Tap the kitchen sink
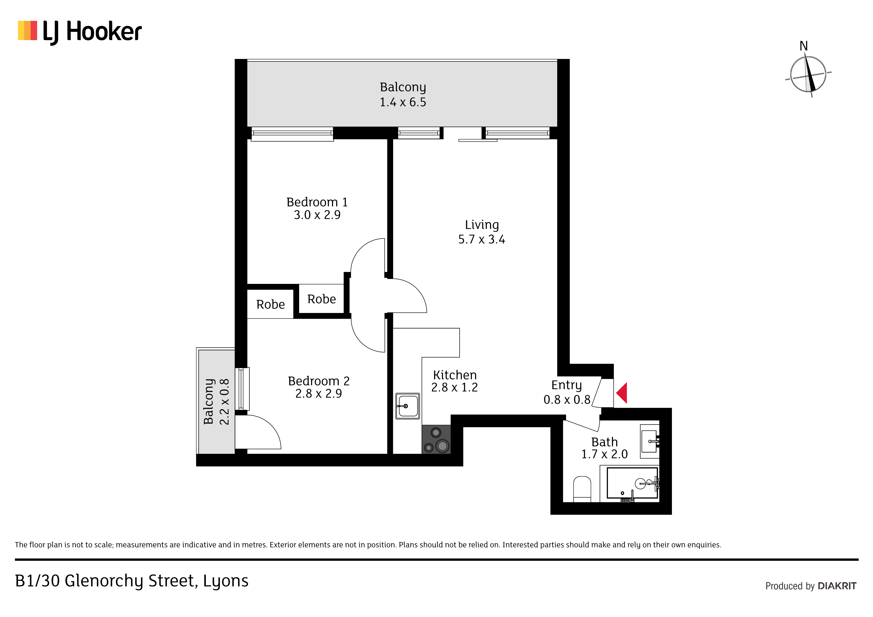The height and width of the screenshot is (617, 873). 408,406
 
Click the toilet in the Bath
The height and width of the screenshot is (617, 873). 582,489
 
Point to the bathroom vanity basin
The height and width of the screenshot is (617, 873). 650,441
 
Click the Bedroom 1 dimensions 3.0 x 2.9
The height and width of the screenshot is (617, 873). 317,215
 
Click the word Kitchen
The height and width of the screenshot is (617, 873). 455,375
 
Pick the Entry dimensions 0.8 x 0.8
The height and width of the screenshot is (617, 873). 567,400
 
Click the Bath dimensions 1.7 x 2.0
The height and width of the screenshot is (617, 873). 604,454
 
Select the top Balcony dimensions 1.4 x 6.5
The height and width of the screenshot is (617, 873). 403,102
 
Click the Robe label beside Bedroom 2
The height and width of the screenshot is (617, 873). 270,305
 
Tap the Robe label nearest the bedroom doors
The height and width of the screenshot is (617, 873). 322,299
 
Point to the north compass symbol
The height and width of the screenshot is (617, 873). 808,74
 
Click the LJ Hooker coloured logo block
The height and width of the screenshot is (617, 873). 27,30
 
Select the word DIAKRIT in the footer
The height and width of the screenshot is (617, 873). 837,586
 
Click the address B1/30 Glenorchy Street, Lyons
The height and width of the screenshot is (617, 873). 132,581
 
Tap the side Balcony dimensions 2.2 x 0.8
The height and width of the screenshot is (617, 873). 224,402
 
